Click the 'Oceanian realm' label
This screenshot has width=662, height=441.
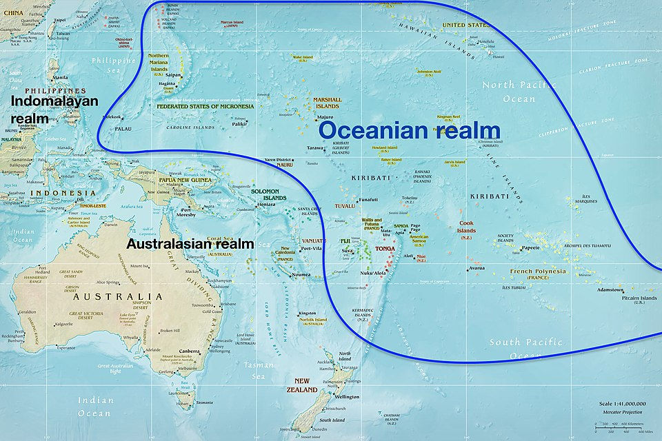pyautogui.click(x=409, y=130)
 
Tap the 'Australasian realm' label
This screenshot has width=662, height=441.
pyautogui.click(x=190, y=244)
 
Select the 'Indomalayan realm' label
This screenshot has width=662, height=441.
pyautogui.click(x=54, y=109)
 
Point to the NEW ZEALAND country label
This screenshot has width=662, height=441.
pyautogui.click(x=306, y=385)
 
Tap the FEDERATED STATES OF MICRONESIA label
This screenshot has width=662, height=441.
pyautogui.click(x=205, y=107)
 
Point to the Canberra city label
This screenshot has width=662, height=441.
pyautogui.click(x=189, y=351)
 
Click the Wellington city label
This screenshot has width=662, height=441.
pyautogui.click(x=348, y=397)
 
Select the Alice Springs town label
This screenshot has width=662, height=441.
pyautogui.click(x=108, y=282)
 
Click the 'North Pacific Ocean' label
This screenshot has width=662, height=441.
pyautogui.click(x=529, y=92)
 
